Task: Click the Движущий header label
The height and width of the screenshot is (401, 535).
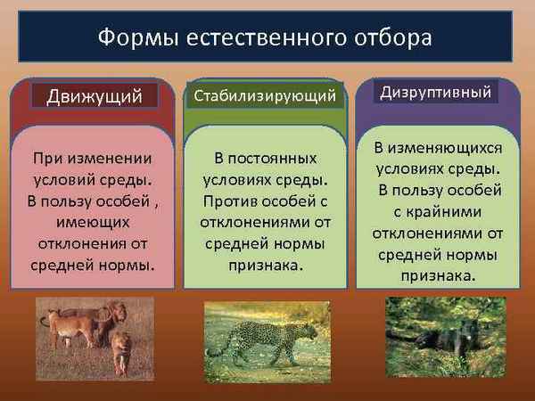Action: point(94,95)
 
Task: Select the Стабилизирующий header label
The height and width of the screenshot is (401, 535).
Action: point(265,95)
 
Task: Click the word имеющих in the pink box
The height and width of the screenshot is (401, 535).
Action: point(93,219)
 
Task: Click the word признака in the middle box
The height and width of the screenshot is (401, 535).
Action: point(265,264)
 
